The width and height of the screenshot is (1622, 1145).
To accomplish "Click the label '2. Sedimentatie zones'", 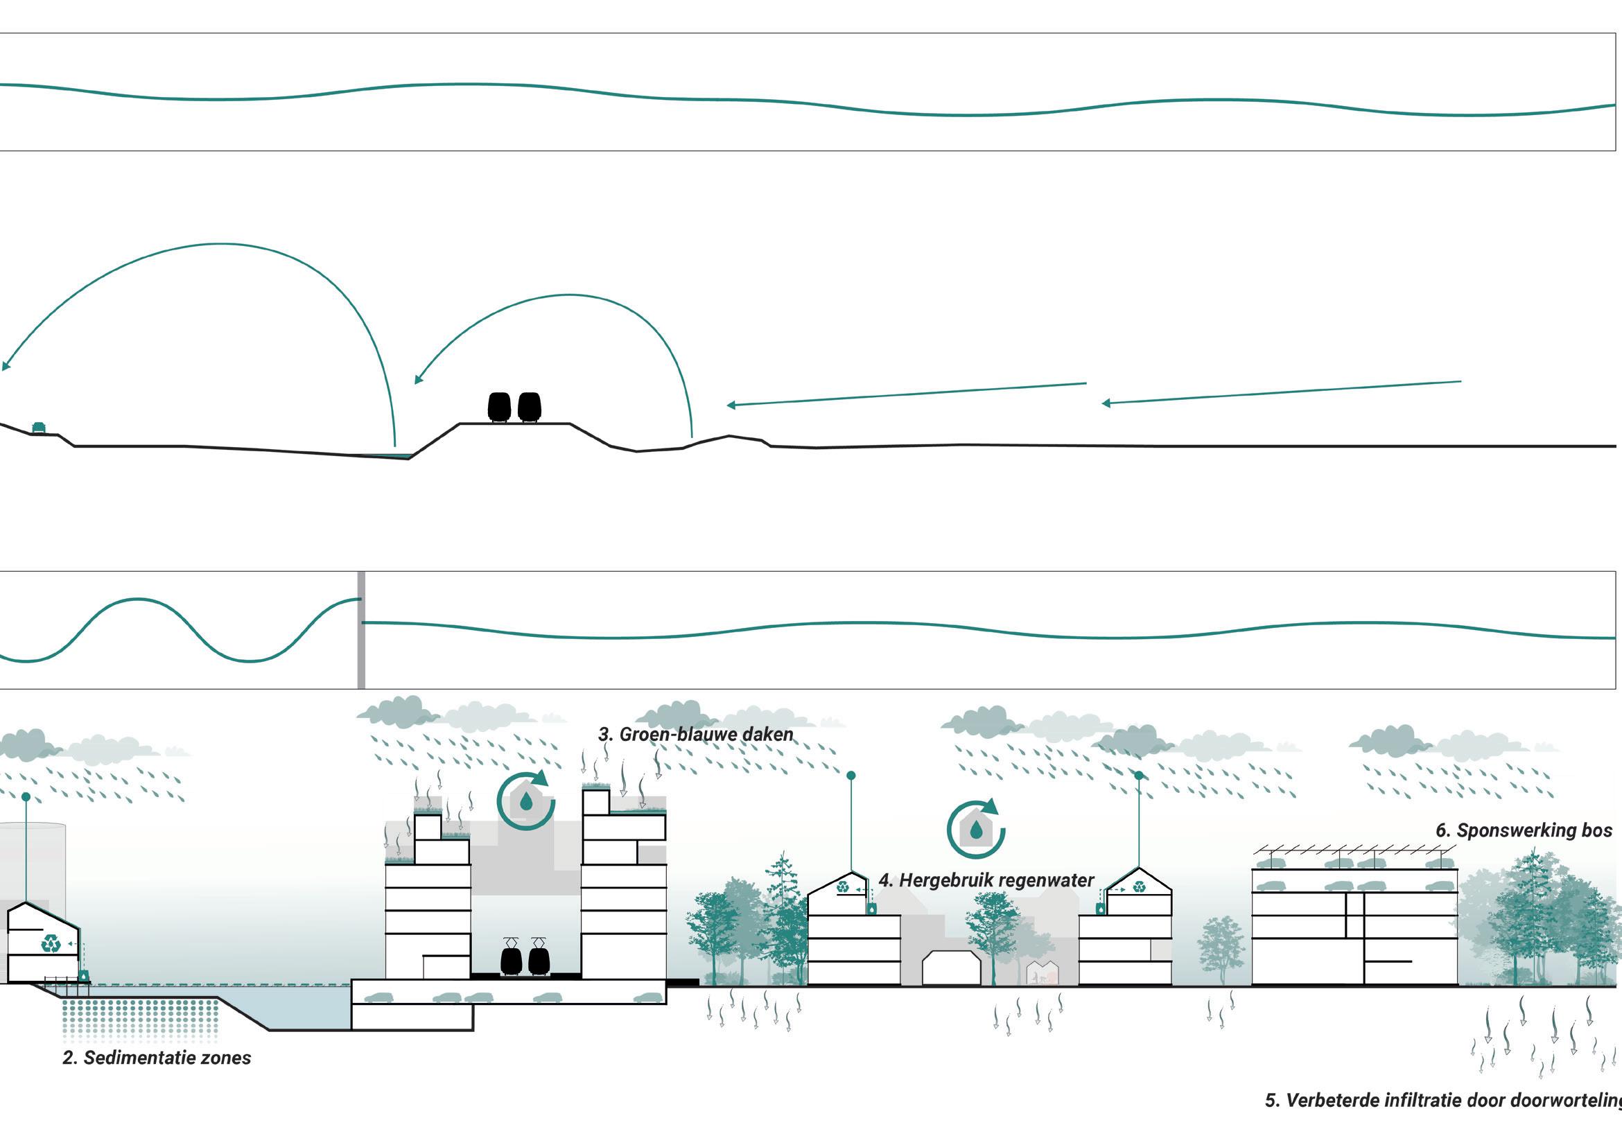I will pos(156,1058).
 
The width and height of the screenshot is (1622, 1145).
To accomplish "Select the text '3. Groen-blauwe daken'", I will pos(695,735).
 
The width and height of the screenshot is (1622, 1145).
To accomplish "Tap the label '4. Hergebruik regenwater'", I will pos(986,880).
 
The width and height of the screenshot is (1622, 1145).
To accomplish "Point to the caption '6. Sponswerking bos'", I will pos(1524,830).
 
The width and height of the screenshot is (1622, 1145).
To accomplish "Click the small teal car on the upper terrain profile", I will pos(39,428).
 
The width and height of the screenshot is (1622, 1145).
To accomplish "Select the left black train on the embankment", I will pos(500,407).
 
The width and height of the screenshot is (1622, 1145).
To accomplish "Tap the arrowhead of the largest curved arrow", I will pos(6,365).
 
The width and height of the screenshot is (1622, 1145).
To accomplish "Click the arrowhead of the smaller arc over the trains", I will pos(418,379).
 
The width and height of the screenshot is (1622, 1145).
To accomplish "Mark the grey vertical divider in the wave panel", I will pos(361,630).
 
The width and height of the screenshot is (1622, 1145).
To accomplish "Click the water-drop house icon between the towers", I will pos(526,800).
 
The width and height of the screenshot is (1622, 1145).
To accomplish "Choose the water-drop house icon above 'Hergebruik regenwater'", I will pos(976,830).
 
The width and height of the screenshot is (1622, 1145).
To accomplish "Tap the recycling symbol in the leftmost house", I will pos(51,943).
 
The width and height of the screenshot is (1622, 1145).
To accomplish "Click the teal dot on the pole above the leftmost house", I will pos(26,797).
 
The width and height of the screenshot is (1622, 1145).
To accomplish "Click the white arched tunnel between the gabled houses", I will pos(952,968).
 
